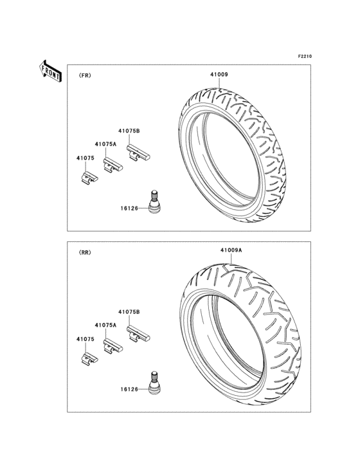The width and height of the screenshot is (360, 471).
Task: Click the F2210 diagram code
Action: pos(304,57)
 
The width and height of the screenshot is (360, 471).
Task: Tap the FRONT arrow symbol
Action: pos(50,70)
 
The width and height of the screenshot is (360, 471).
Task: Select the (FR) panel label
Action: pos(85,75)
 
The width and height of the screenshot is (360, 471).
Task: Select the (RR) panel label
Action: pos(85,253)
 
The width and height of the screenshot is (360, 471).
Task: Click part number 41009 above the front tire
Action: pos(219,75)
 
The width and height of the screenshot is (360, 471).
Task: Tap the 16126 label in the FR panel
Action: pos(130,207)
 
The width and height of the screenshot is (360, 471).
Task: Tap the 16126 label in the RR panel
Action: pos(130,389)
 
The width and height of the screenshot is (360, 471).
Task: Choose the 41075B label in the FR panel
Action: pos(129,131)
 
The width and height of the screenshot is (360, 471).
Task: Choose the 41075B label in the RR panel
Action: pos(129,312)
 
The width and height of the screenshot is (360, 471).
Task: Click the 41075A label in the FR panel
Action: pos(105,144)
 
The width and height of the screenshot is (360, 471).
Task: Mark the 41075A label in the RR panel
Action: pos(105,326)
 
